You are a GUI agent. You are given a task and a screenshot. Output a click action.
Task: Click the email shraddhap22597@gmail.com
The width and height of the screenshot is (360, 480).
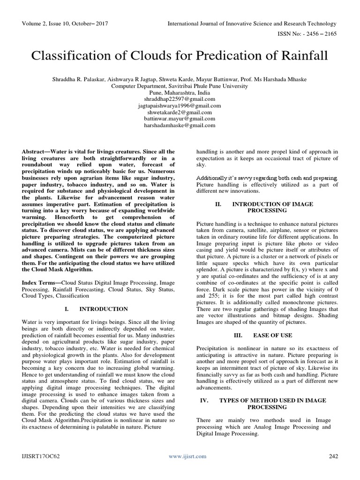(180, 99)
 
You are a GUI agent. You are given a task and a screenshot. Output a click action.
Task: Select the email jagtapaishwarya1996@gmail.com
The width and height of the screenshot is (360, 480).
(180, 106)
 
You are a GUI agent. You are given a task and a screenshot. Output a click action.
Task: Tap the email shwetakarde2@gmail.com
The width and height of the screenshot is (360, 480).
(180, 112)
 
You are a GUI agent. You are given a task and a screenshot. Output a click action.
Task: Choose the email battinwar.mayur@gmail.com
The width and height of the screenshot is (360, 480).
(180, 119)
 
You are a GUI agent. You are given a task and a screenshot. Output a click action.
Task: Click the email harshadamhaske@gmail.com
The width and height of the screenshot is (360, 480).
(180, 126)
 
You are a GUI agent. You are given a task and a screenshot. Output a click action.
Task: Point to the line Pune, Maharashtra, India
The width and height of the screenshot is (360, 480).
(180, 93)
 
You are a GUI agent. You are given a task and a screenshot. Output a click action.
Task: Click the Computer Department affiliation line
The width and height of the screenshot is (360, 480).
(180, 86)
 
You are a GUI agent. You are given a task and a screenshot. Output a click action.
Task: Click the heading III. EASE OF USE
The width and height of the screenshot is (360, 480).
(266, 336)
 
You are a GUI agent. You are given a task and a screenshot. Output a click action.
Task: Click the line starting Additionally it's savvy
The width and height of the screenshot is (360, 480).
(266, 178)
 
